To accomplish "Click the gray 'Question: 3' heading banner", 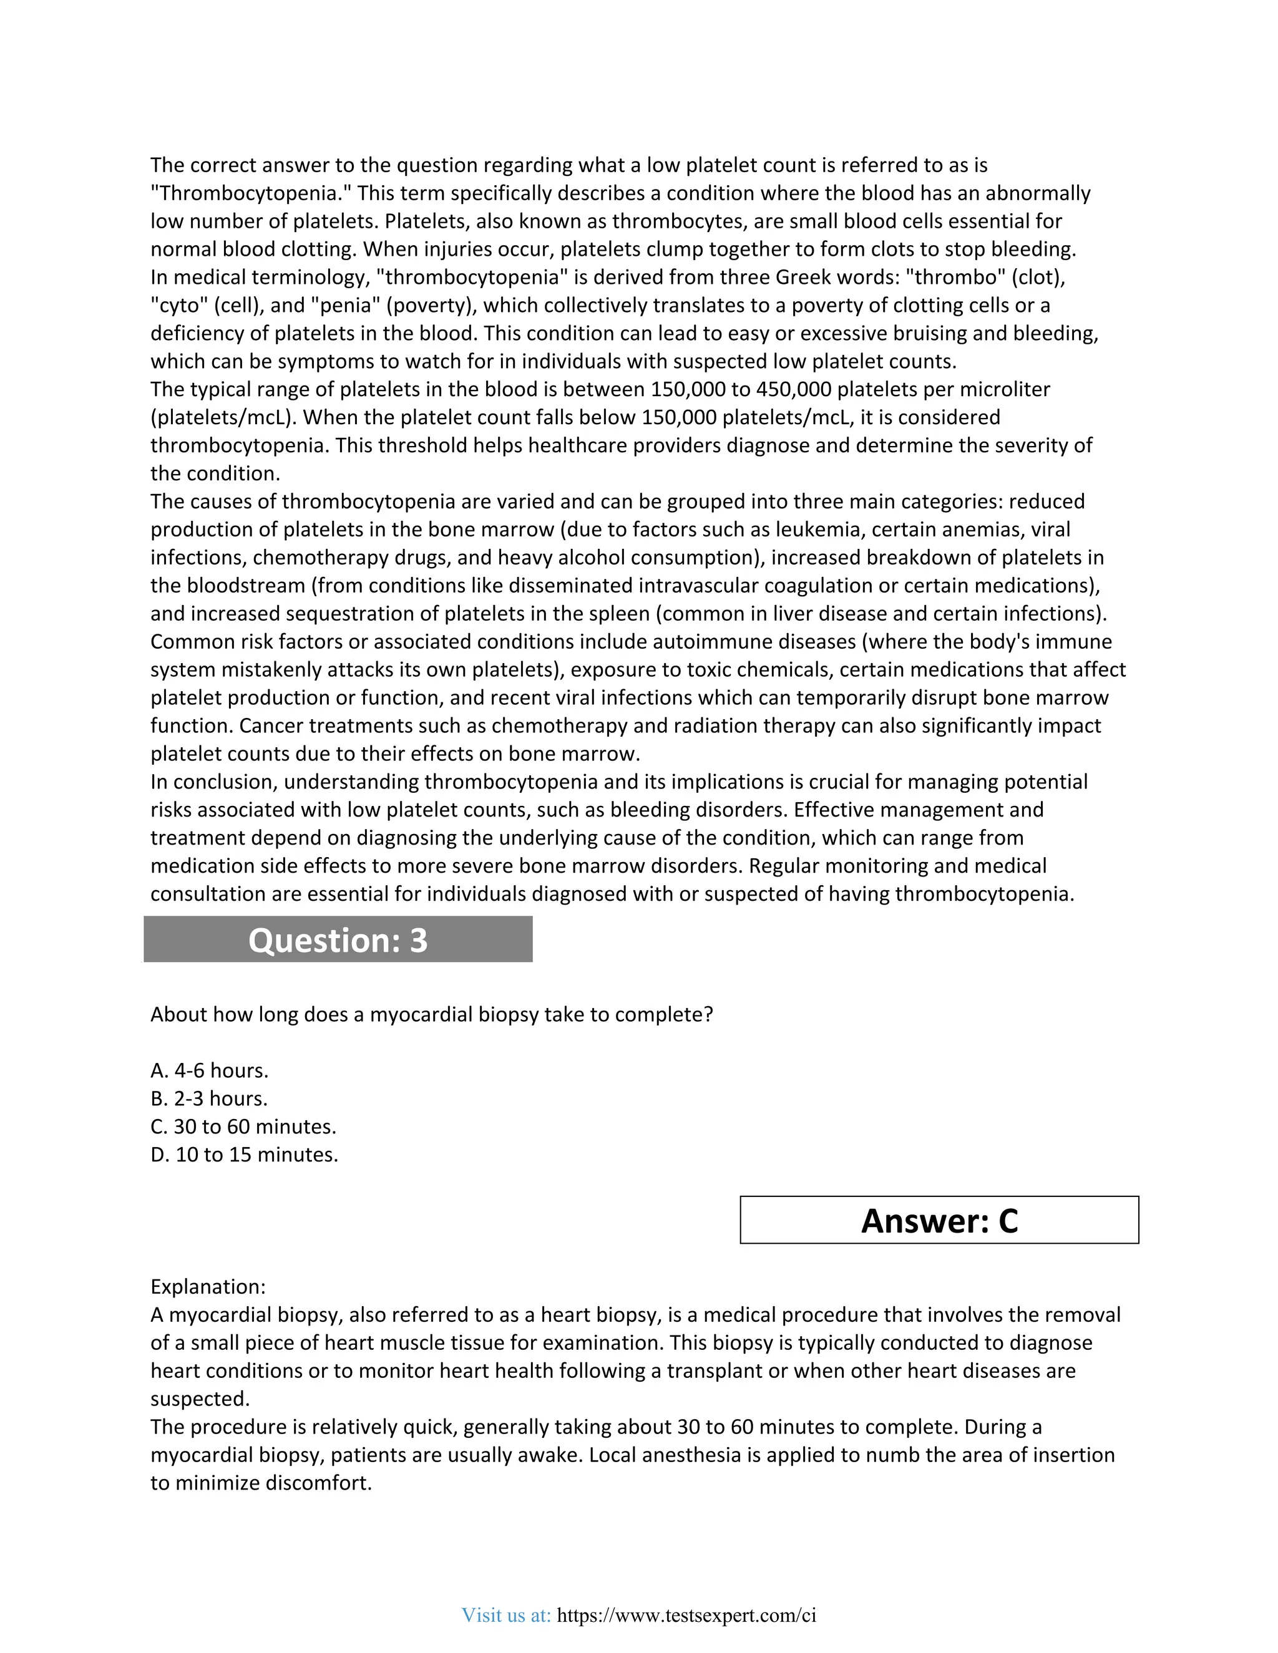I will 338,939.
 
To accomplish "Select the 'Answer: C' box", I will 939,1220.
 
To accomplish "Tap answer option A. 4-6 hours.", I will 209,1070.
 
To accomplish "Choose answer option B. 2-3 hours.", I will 209,1098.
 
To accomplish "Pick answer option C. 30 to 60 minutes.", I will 243,1126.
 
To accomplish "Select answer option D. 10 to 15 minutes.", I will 244,1154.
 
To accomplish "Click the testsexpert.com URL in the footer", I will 686,1615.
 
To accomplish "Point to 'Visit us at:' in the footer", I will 505,1615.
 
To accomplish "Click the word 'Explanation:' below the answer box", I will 207,1287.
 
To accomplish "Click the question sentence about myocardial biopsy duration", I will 432,1014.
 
